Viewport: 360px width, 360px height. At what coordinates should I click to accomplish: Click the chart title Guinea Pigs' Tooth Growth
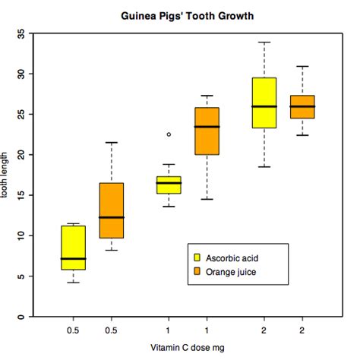[x=187, y=15]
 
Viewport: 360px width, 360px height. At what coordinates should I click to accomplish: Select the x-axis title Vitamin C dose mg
[x=187, y=348]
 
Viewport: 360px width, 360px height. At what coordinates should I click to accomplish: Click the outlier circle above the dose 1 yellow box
[x=169, y=134]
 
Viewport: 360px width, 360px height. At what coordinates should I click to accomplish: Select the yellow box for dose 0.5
[x=74, y=248]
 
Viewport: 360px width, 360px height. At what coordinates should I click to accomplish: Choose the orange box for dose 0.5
[x=112, y=210]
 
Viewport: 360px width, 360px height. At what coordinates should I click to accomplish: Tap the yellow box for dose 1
[x=169, y=185]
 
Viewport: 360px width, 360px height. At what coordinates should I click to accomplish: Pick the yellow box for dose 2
[x=264, y=103]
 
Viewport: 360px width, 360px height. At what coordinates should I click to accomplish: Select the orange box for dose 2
[x=302, y=106]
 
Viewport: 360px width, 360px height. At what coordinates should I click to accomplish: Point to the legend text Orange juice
[x=232, y=270]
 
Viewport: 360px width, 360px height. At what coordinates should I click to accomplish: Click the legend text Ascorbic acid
[x=232, y=257]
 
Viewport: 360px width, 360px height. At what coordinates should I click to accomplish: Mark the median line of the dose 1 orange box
[x=207, y=127]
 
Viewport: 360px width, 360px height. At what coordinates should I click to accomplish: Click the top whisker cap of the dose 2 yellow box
[x=264, y=43]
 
